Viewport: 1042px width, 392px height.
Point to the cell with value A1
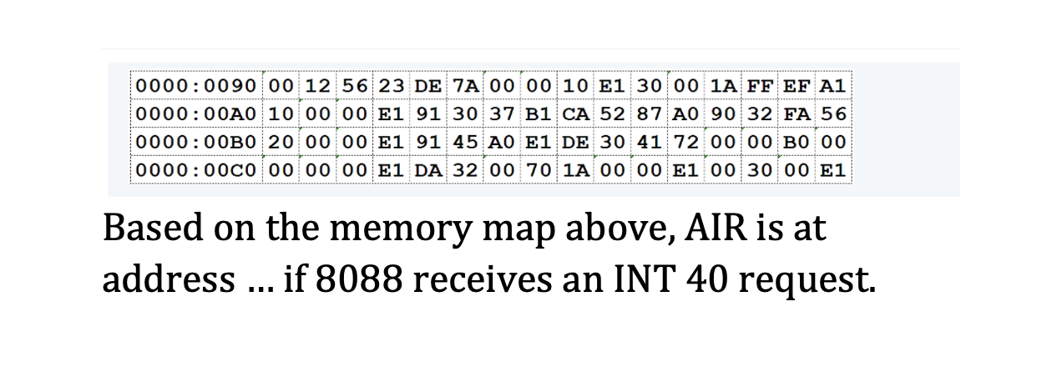(x=832, y=86)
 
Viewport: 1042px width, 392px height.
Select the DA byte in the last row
(x=431, y=171)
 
